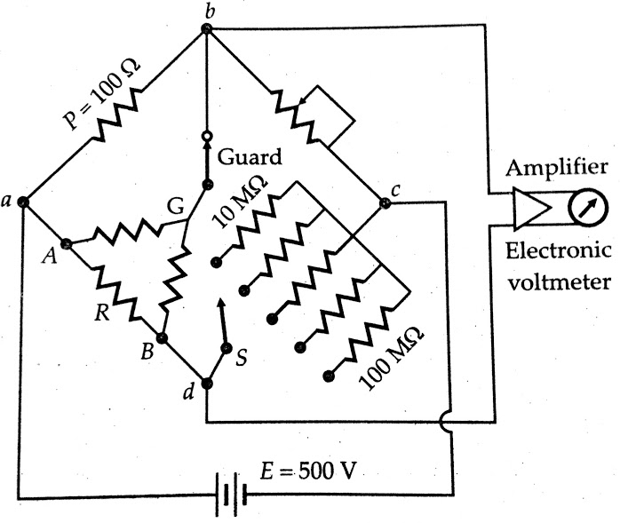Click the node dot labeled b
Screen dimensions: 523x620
(206, 28)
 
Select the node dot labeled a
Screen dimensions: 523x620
(23, 202)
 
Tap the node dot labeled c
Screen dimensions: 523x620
(386, 202)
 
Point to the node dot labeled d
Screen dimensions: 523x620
(207, 384)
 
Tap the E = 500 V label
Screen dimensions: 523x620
(306, 471)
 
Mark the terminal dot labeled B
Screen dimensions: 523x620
(163, 338)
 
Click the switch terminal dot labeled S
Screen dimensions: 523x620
(227, 348)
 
